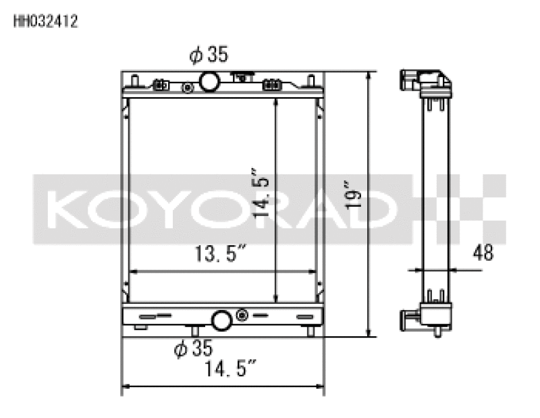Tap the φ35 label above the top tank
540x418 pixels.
click(209, 55)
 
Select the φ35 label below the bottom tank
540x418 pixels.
click(193, 348)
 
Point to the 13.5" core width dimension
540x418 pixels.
click(220, 255)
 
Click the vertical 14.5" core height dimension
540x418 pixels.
click(262, 192)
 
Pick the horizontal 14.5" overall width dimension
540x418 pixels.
click(230, 369)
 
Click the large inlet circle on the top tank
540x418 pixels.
click(209, 82)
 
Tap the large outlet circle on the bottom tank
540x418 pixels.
click(222, 319)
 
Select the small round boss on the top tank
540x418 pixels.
click(187, 87)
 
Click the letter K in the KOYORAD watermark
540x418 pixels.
click(71, 209)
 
